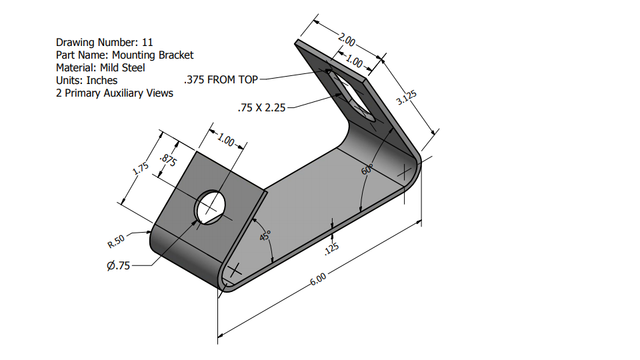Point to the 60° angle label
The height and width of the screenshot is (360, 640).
click(x=367, y=169)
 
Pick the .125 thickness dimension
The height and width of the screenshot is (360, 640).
click(x=331, y=249)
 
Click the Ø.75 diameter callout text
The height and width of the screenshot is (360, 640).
click(x=118, y=266)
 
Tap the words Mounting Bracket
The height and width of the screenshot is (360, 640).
click(x=153, y=55)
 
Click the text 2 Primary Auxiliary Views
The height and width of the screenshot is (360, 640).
click(x=114, y=93)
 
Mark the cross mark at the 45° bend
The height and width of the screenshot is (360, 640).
click(x=234, y=271)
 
